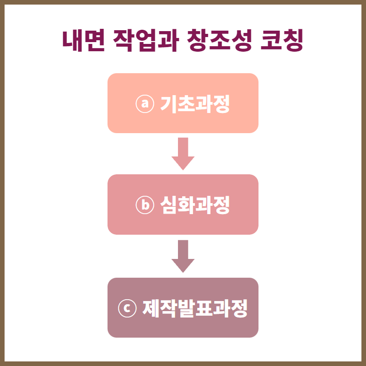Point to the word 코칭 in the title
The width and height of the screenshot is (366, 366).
[x=281, y=41]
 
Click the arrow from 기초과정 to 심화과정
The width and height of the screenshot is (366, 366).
[x=183, y=153]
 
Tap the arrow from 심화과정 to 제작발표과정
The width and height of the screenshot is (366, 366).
[x=183, y=256]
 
